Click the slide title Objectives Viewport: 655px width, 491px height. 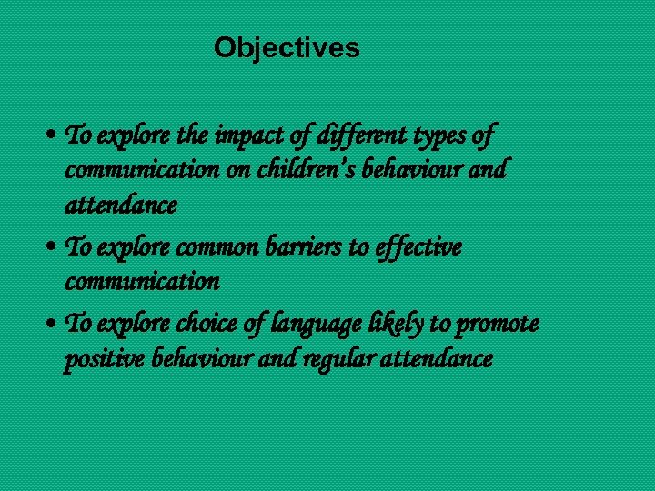[287, 47]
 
